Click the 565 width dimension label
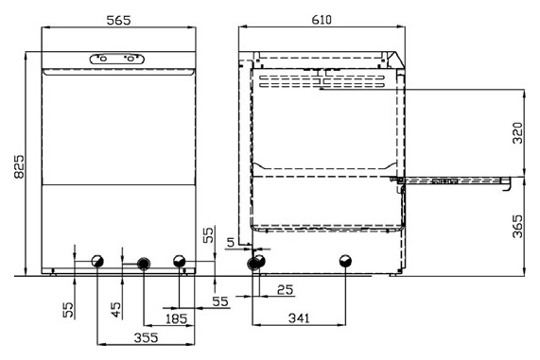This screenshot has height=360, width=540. pyautogui.click(x=118, y=20)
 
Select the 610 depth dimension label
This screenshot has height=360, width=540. pyautogui.click(x=322, y=20)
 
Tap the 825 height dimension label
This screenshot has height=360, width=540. pyautogui.click(x=19, y=166)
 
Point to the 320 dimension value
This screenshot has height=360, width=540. pyautogui.click(x=517, y=133)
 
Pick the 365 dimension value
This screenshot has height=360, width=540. pyautogui.click(x=517, y=227)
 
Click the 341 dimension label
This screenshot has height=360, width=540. pyautogui.click(x=299, y=318)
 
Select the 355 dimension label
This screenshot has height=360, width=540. pyautogui.click(x=146, y=337)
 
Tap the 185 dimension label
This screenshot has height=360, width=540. pyautogui.click(x=176, y=318)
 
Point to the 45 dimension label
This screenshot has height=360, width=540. pyautogui.click(x=116, y=310)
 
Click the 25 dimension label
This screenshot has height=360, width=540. pyautogui.click(x=286, y=290)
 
